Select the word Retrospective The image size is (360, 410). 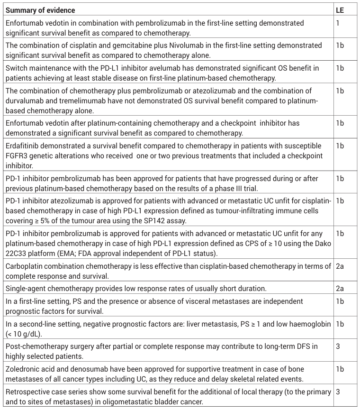[x=28, y=392]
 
